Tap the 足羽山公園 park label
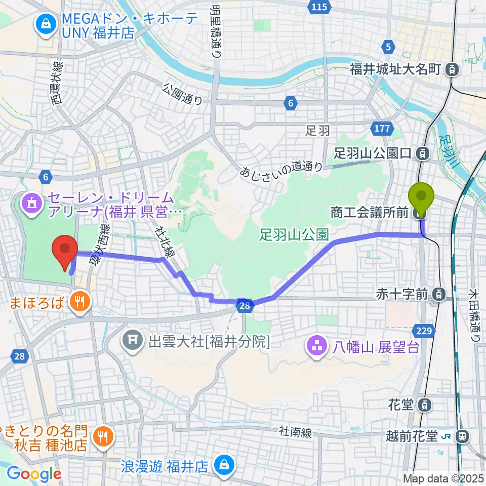click(x=294, y=234)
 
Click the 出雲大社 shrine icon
click(x=132, y=342)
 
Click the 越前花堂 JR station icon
click(x=461, y=435)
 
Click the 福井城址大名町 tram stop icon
click(x=452, y=69)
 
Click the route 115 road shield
click(x=320, y=7)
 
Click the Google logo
click(x=34, y=474)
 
